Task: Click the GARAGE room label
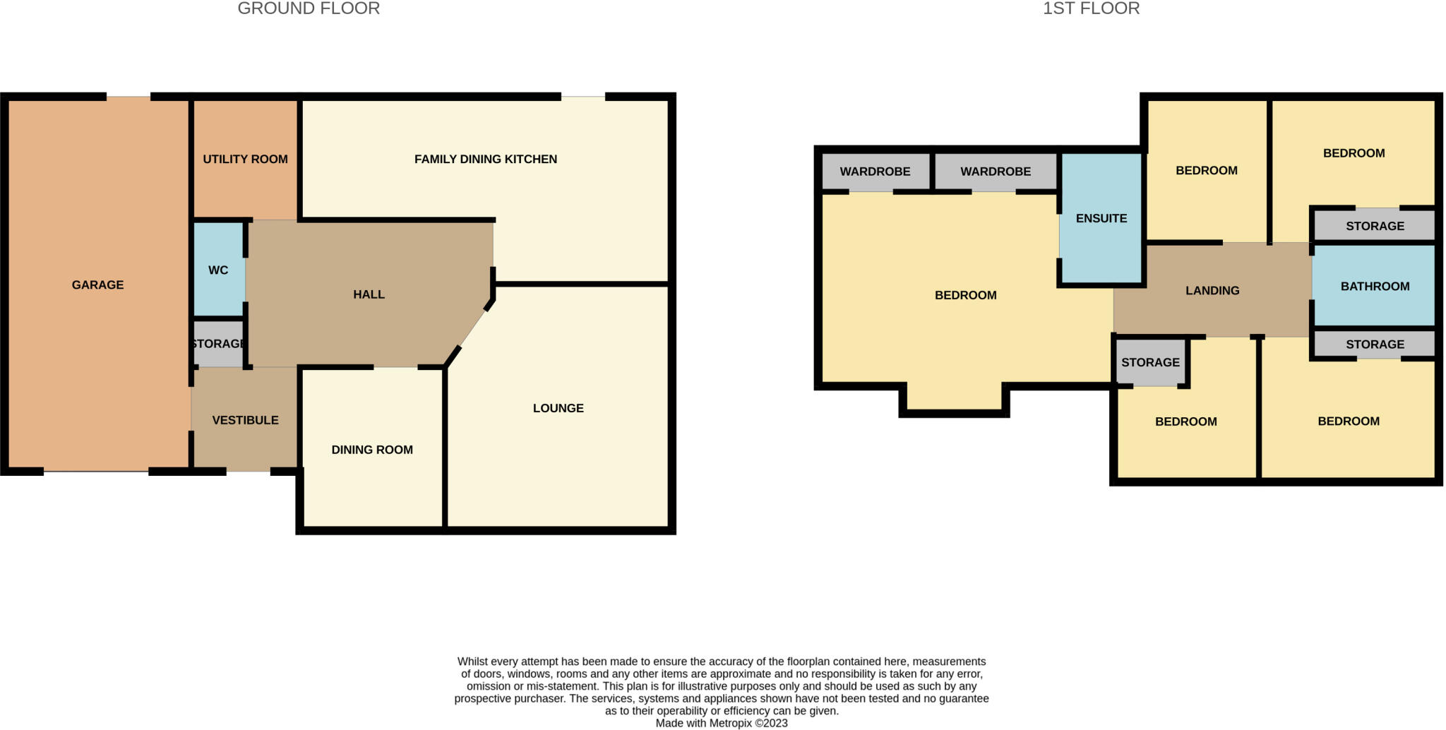tap(97, 285)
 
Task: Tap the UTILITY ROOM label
tap(245, 160)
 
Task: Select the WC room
tap(218, 270)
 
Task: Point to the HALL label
tap(369, 294)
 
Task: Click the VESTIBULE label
tap(245, 420)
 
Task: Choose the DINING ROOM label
tap(372, 450)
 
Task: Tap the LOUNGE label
tap(558, 408)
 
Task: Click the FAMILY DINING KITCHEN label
tap(485, 160)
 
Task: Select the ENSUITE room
tap(1101, 219)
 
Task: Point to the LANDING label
tap(1212, 290)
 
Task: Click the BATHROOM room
tap(1374, 286)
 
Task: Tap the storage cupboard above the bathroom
tap(1374, 226)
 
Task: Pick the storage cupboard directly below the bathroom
tap(1374, 345)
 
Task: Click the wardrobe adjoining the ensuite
tap(995, 172)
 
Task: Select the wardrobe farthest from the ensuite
tap(875, 172)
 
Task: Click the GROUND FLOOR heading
tap(309, 8)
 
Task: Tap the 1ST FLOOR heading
tap(1091, 8)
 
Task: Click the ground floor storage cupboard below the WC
tap(218, 344)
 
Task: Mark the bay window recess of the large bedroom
tap(954, 398)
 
